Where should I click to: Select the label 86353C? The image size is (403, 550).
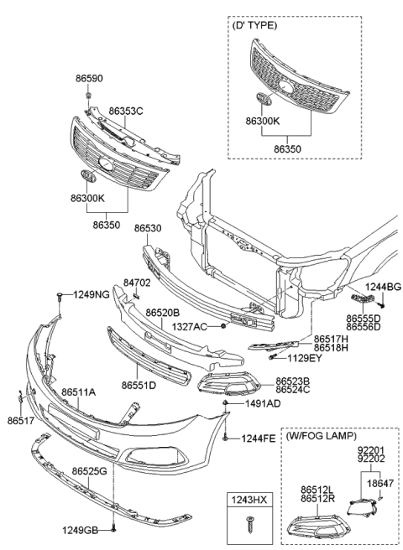[x=125, y=111]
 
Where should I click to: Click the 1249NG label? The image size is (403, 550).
[x=89, y=295]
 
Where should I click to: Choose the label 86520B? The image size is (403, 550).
[x=164, y=313]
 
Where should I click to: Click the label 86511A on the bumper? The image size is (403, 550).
[x=78, y=392]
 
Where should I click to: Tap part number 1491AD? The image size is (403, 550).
[x=262, y=403]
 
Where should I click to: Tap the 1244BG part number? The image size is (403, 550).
[x=384, y=288]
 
